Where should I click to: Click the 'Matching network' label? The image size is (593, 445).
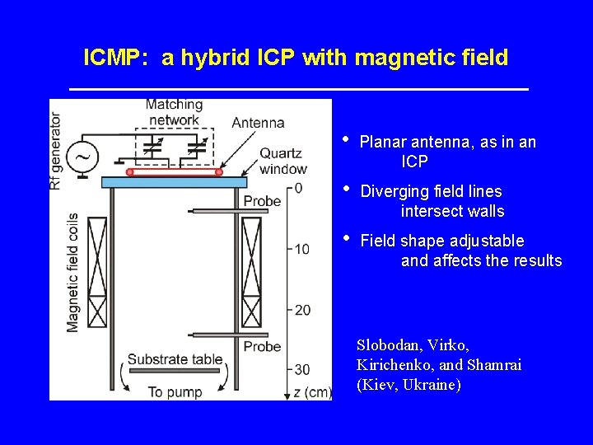(x=174, y=112)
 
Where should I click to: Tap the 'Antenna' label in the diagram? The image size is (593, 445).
(x=258, y=123)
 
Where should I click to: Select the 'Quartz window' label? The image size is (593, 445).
(x=283, y=162)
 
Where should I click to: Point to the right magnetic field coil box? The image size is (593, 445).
(x=251, y=272)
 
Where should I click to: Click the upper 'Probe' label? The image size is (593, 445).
(x=262, y=201)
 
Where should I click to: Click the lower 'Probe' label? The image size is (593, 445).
(x=262, y=347)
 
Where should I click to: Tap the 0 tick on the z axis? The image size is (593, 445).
(x=298, y=188)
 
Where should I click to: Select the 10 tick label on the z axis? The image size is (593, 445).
(x=301, y=249)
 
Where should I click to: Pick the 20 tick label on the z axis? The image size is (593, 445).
(x=301, y=310)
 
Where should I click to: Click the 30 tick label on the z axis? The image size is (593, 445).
(x=301, y=370)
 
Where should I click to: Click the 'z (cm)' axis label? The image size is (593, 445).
(x=312, y=392)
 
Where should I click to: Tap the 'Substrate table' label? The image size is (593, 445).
(x=175, y=359)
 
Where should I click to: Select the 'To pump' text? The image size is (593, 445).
(x=175, y=392)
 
